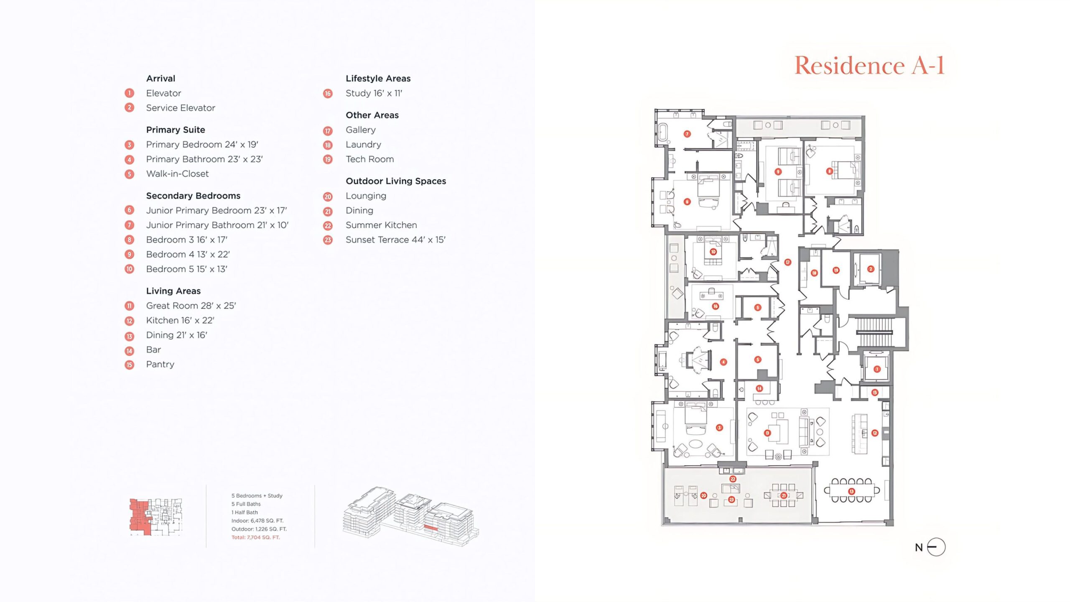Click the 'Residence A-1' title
click(869, 66)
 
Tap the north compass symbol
click(936, 547)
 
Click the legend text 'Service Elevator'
click(181, 108)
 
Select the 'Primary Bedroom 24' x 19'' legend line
click(202, 145)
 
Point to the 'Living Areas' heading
click(173, 291)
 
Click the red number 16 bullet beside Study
click(328, 94)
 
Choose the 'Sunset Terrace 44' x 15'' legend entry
click(395, 240)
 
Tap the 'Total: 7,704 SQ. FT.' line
click(255, 538)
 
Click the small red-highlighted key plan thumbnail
click(155, 517)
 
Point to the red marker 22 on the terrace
click(733, 479)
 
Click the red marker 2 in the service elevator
click(871, 269)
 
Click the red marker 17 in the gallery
click(787, 262)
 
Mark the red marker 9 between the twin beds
click(778, 171)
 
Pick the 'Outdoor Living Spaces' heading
click(395, 181)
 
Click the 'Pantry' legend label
click(160, 365)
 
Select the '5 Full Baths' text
click(246, 504)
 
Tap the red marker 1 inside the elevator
click(877, 369)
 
